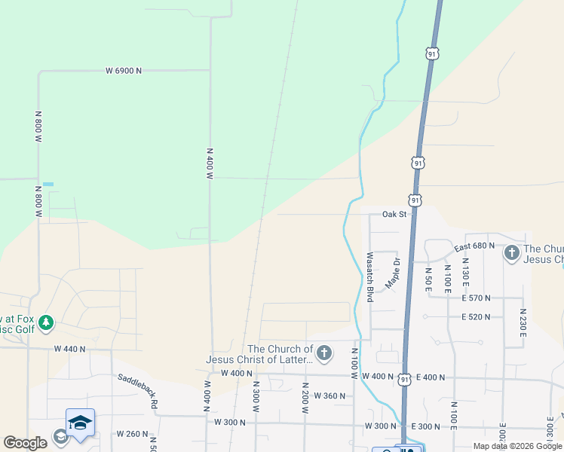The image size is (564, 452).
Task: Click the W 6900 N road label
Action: coord(124,71)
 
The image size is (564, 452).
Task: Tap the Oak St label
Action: coord(394,215)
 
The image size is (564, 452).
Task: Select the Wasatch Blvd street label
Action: coord(370,277)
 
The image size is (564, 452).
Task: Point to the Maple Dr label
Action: coord(392,272)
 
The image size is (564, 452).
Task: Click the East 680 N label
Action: coord(474,246)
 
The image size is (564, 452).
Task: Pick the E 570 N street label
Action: coord(476,298)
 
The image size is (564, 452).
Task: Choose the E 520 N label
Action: coord(476,317)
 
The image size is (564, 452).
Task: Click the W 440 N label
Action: coord(70,349)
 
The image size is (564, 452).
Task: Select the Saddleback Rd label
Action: coord(137,391)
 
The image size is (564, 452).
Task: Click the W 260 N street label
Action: coord(132,434)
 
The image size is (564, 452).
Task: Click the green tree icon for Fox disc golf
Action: coord(46,323)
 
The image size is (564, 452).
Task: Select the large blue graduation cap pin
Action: coord(80,423)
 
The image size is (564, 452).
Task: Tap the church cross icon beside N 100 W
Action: coord(324,353)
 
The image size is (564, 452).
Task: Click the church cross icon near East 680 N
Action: coord(512,253)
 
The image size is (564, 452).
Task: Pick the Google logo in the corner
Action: coord(25,444)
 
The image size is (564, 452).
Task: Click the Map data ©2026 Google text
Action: coord(517,446)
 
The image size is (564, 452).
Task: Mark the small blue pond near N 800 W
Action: coord(48,184)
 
